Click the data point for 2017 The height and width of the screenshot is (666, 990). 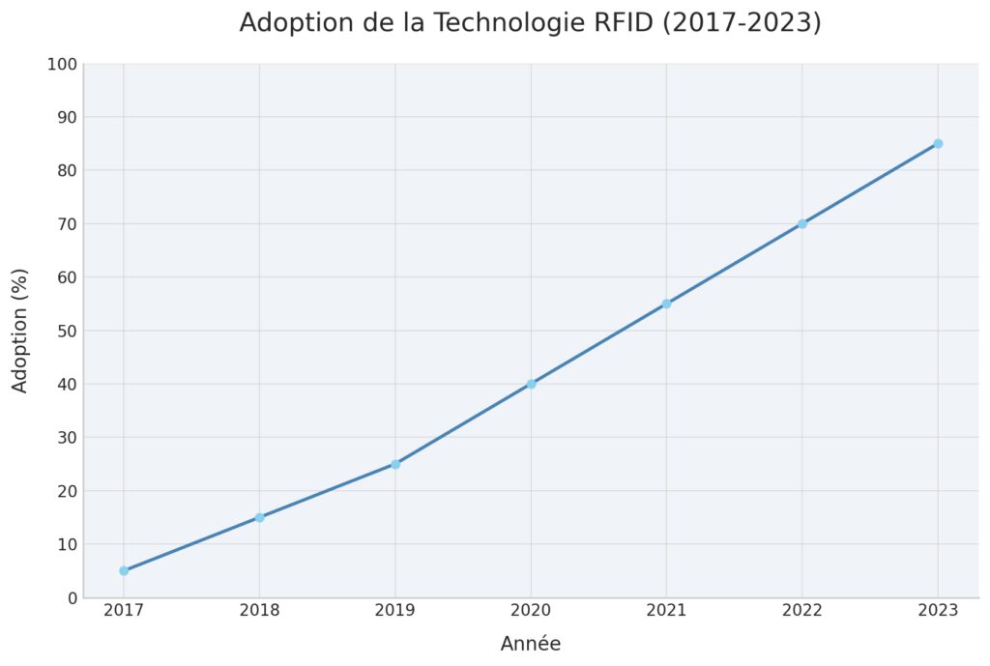[124, 570]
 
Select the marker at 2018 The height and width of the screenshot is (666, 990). [259, 517]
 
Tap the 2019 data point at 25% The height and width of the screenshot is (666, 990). [395, 464]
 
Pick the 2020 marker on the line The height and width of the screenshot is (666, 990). [531, 384]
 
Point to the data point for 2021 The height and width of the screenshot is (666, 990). [666, 304]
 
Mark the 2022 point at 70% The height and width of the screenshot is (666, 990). [802, 223]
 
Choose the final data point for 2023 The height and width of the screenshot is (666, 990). [938, 144]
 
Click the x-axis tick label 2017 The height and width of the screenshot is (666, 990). [124, 611]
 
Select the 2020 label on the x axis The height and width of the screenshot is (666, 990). [531, 611]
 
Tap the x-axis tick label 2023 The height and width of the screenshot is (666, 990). [938, 611]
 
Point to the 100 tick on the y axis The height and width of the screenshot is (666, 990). [61, 65]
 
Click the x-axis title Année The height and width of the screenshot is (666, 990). [531, 644]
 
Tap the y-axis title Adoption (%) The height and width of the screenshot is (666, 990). [20, 331]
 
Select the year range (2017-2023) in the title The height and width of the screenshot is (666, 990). [742, 23]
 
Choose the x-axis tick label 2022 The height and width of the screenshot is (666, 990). [802, 611]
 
